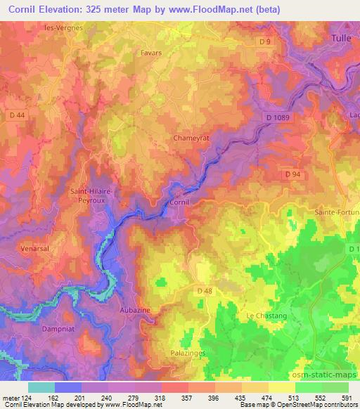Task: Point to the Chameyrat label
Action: tap(189, 138)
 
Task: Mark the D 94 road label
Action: tap(293, 173)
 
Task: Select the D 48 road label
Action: tap(205, 291)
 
